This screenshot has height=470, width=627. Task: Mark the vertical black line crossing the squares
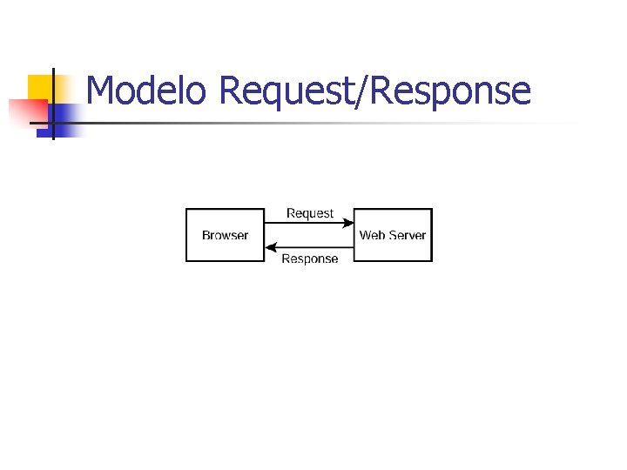pos(53,103)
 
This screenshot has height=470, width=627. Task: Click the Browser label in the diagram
pos(225,235)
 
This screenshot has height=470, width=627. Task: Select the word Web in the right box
pos(372,235)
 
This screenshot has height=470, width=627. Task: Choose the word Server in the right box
pos(407,235)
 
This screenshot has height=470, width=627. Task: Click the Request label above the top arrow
pos(309,213)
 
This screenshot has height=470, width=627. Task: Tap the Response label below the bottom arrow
pos(309,259)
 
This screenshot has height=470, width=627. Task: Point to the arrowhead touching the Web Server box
pos(348,223)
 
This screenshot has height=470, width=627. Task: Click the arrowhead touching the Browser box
pos(270,247)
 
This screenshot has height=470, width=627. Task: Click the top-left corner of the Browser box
pos(186,209)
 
